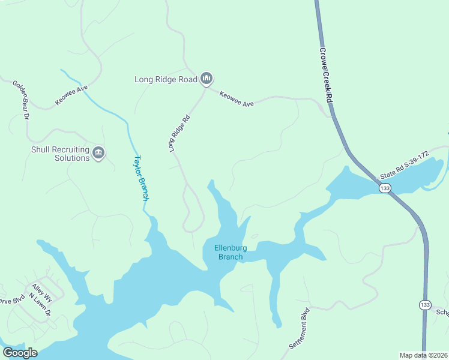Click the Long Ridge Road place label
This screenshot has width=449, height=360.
tap(165, 79)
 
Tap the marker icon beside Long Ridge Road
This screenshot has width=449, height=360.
tap(206, 78)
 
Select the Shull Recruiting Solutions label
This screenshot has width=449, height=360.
tap(60, 154)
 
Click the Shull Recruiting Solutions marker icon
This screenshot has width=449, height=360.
tap(98, 154)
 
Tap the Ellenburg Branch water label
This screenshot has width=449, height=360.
tap(231, 253)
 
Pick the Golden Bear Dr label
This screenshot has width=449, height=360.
tap(21, 100)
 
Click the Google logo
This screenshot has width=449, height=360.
tap(20, 353)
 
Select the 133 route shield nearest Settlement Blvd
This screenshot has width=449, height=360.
tap(425, 305)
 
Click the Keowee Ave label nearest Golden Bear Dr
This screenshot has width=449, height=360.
tap(71, 95)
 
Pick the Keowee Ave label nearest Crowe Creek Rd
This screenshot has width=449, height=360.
tap(237, 99)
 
